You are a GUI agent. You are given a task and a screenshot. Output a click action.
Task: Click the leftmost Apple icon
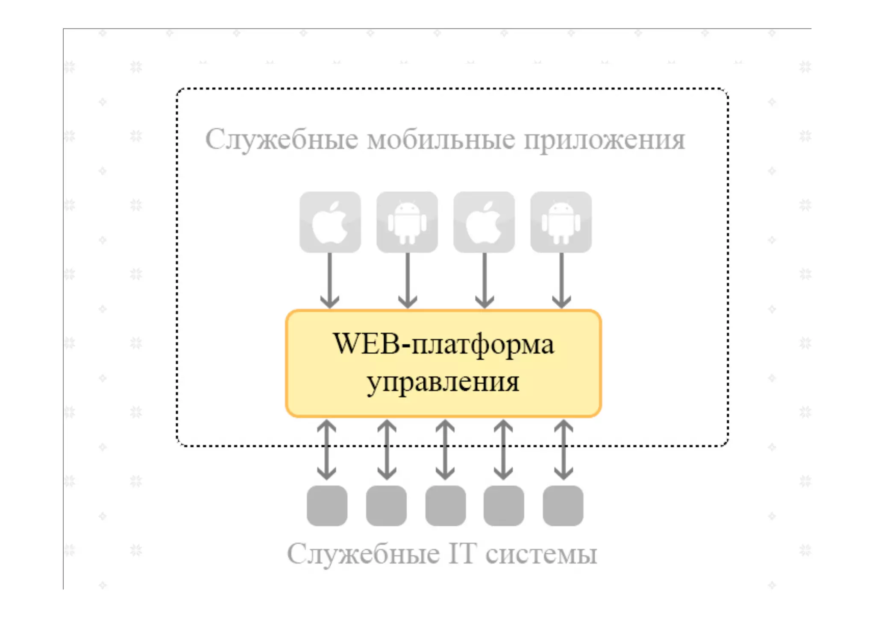point(330,222)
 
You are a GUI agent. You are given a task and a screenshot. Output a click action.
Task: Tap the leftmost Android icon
point(407,222)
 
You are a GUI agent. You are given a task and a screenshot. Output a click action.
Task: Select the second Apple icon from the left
point(484,222)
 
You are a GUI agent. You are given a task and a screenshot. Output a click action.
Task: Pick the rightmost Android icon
point(561,222)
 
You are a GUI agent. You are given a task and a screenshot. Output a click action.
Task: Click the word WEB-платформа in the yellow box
point(443,344)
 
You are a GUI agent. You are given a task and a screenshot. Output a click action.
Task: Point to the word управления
point(443,382)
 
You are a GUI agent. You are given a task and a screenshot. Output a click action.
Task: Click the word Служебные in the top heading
point(282,140)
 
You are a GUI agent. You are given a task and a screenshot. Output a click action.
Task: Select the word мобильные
point(441,140)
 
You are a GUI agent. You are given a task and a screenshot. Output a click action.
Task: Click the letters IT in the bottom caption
point(462,554)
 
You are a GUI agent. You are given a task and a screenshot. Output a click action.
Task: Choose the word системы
point(541,554)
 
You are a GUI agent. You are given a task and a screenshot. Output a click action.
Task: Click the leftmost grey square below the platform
point(327,506)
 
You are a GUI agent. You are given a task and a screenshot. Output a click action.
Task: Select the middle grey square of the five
point(445,506)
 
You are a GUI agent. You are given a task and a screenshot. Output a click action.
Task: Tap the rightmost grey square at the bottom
point(563,506)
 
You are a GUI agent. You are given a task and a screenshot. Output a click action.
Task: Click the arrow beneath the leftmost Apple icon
point(330,280)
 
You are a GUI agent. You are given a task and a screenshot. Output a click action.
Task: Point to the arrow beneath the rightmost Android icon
point(561,280)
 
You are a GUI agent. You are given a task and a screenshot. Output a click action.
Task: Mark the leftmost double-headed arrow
point(327,449)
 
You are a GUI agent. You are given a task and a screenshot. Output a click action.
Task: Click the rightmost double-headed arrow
point(564,449)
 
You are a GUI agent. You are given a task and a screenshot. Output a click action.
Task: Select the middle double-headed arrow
point(445,449)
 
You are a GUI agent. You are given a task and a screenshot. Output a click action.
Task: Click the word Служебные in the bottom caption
point(363,554)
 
